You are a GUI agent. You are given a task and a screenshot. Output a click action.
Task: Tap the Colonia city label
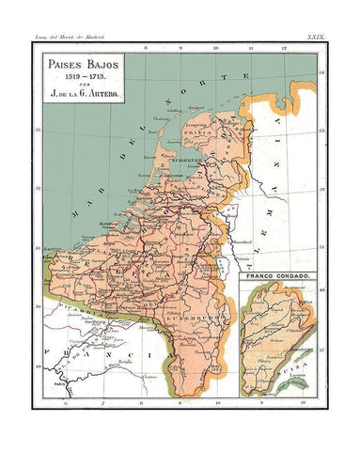[x=243, y=255]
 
